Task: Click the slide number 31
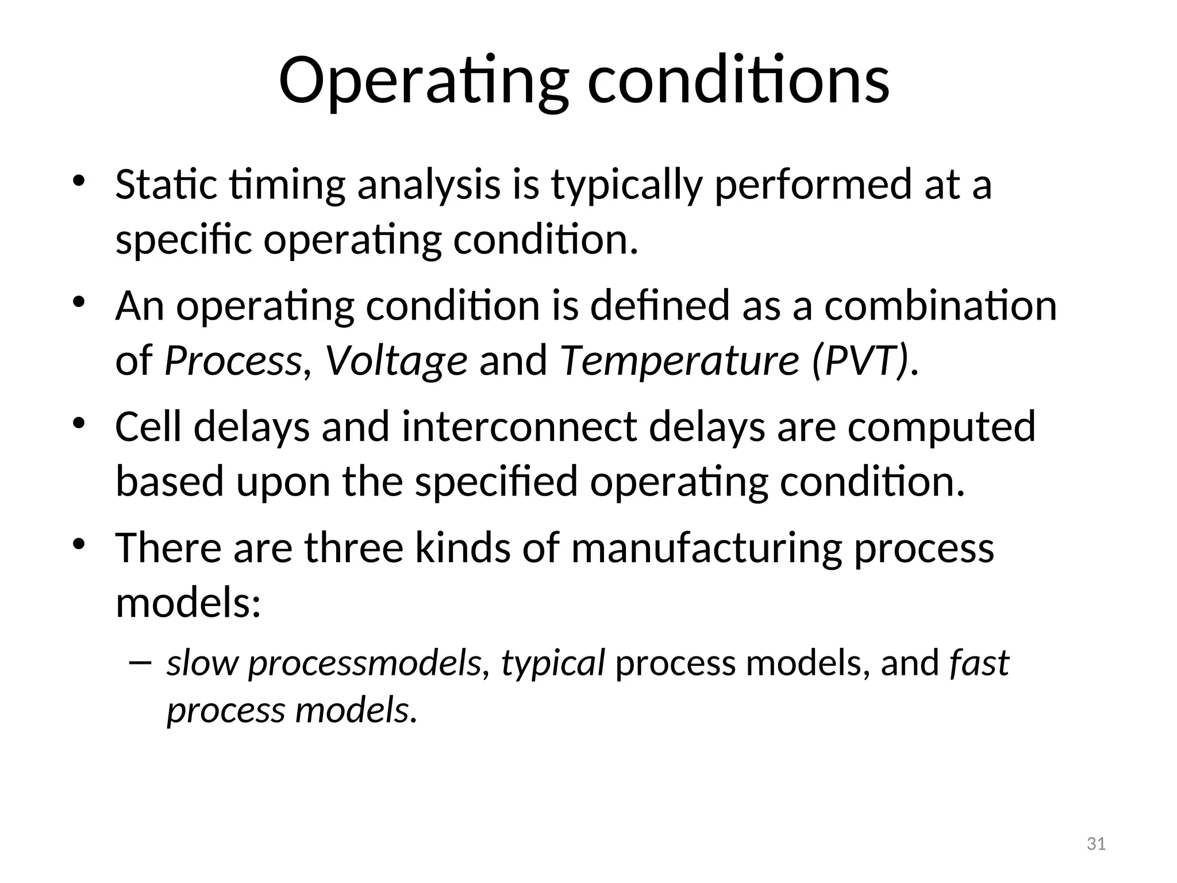(1097, 844)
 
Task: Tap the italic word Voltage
(396, 360)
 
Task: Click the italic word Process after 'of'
(233, 360)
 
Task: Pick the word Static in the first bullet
(166, 185)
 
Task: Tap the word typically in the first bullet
(627, 186)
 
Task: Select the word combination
(941, 305)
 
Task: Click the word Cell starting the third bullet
(149, 427)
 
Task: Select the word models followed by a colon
(189, 602)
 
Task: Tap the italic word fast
(979, 663)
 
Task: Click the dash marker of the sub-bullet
(140, 663)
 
